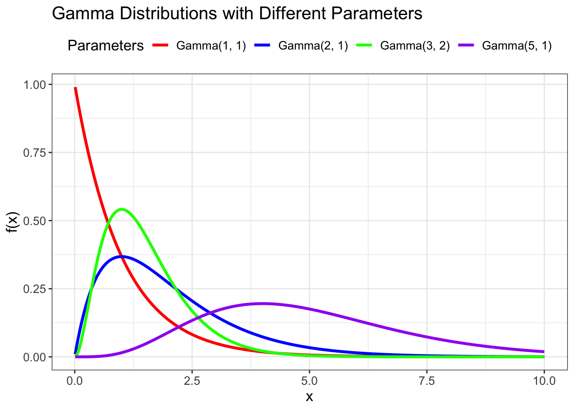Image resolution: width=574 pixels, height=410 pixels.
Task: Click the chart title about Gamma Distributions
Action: point(237,14)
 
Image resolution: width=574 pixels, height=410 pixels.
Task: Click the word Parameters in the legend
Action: point(105,46)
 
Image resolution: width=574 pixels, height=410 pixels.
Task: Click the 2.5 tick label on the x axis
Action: point(192,381)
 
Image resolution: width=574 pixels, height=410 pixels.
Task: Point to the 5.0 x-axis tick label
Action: point(309,381)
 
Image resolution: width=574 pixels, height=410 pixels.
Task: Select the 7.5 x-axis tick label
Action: point(427,381)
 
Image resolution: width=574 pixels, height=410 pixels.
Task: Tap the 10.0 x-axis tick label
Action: point(544,381)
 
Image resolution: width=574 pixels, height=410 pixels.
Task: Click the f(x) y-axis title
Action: point(13,222)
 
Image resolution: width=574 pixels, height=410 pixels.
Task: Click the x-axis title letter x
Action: point(309,397)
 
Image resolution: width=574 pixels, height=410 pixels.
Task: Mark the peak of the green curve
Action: point(122,209)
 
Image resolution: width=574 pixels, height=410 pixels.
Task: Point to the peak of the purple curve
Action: point(263,303)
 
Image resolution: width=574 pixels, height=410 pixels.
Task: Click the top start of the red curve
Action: point(75,88)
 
